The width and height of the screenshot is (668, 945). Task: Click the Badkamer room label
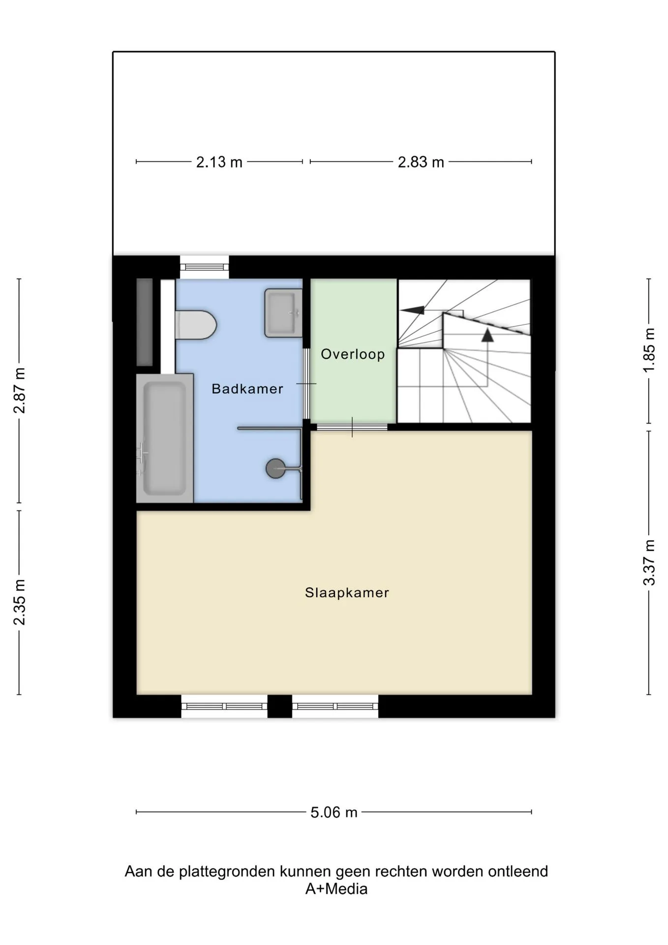247,389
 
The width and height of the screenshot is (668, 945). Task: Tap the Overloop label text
353,354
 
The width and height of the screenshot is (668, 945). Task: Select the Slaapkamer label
347,593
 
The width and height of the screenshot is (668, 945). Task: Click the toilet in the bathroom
196,325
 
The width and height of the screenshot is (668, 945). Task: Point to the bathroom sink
283,313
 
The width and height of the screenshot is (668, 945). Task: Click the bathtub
165,438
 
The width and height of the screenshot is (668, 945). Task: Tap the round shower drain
275,469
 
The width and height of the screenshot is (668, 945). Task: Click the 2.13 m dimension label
219,162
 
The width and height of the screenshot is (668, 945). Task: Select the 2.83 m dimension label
421,162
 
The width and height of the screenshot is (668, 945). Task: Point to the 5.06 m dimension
334,812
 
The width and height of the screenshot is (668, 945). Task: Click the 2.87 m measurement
19,390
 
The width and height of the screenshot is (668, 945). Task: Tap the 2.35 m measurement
19,602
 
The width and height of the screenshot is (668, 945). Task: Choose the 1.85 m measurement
649,350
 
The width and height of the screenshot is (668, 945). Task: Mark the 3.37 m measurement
649,563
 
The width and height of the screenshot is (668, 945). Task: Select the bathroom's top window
204,267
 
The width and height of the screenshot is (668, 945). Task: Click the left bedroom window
224,706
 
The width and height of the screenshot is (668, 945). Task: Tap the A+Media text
336,889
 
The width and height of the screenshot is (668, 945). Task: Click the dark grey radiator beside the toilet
145,322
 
